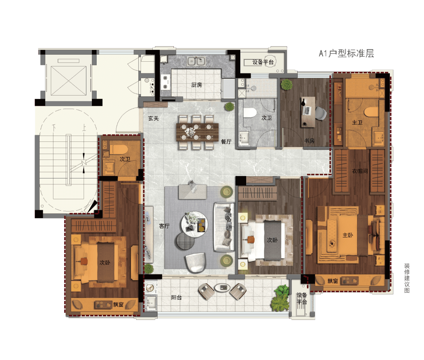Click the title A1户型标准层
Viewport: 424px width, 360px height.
(x=346, y=53)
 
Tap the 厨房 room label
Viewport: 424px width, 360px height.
(x=197, y=85)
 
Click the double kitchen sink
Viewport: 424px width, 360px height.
(x=196, y=61)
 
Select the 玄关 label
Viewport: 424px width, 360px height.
(x=154, y=118)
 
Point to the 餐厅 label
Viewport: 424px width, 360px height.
(x=226, y=141)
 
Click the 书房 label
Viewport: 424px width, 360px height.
(x=309, y=141)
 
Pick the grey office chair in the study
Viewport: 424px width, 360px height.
(x=321, y=113)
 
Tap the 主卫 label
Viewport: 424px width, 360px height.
(x=357, y=123)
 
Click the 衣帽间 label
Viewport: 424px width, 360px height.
(x=360, y=171)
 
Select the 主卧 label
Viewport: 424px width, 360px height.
(x=348, y=235)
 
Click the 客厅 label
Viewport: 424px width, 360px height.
(x=164, y=226)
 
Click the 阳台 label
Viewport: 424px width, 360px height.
(x=176, y=298)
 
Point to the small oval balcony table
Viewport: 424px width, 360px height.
(x=222, y=288)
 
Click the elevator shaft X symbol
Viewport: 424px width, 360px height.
(x=69, y=81)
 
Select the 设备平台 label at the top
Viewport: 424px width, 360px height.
(x=263, y=62)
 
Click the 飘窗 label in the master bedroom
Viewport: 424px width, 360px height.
(x=333, y=281)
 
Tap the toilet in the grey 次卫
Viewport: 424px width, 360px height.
(x=250, y=113)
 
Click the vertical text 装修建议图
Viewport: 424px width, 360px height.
(x=407, y=278)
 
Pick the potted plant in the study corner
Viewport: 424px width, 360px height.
(x=287, y=85)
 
